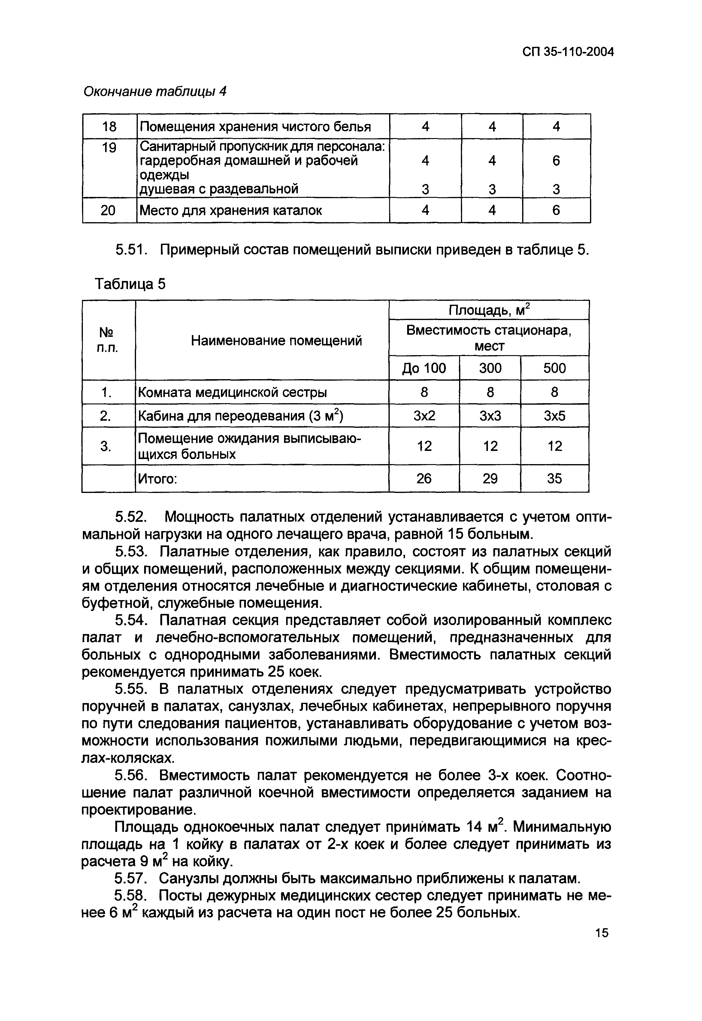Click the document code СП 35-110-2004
tap(568, 52)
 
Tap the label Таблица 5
tap(131, 285)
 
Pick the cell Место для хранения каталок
tap(231, 211)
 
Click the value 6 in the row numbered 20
tap(556, 211)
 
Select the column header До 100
tap(424, 368)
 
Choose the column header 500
tap(554, 368)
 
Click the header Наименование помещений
tap(276, 340)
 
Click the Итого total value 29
tap(490, 479)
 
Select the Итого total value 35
tap(554, 479)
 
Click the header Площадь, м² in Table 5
tap(489, 310)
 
